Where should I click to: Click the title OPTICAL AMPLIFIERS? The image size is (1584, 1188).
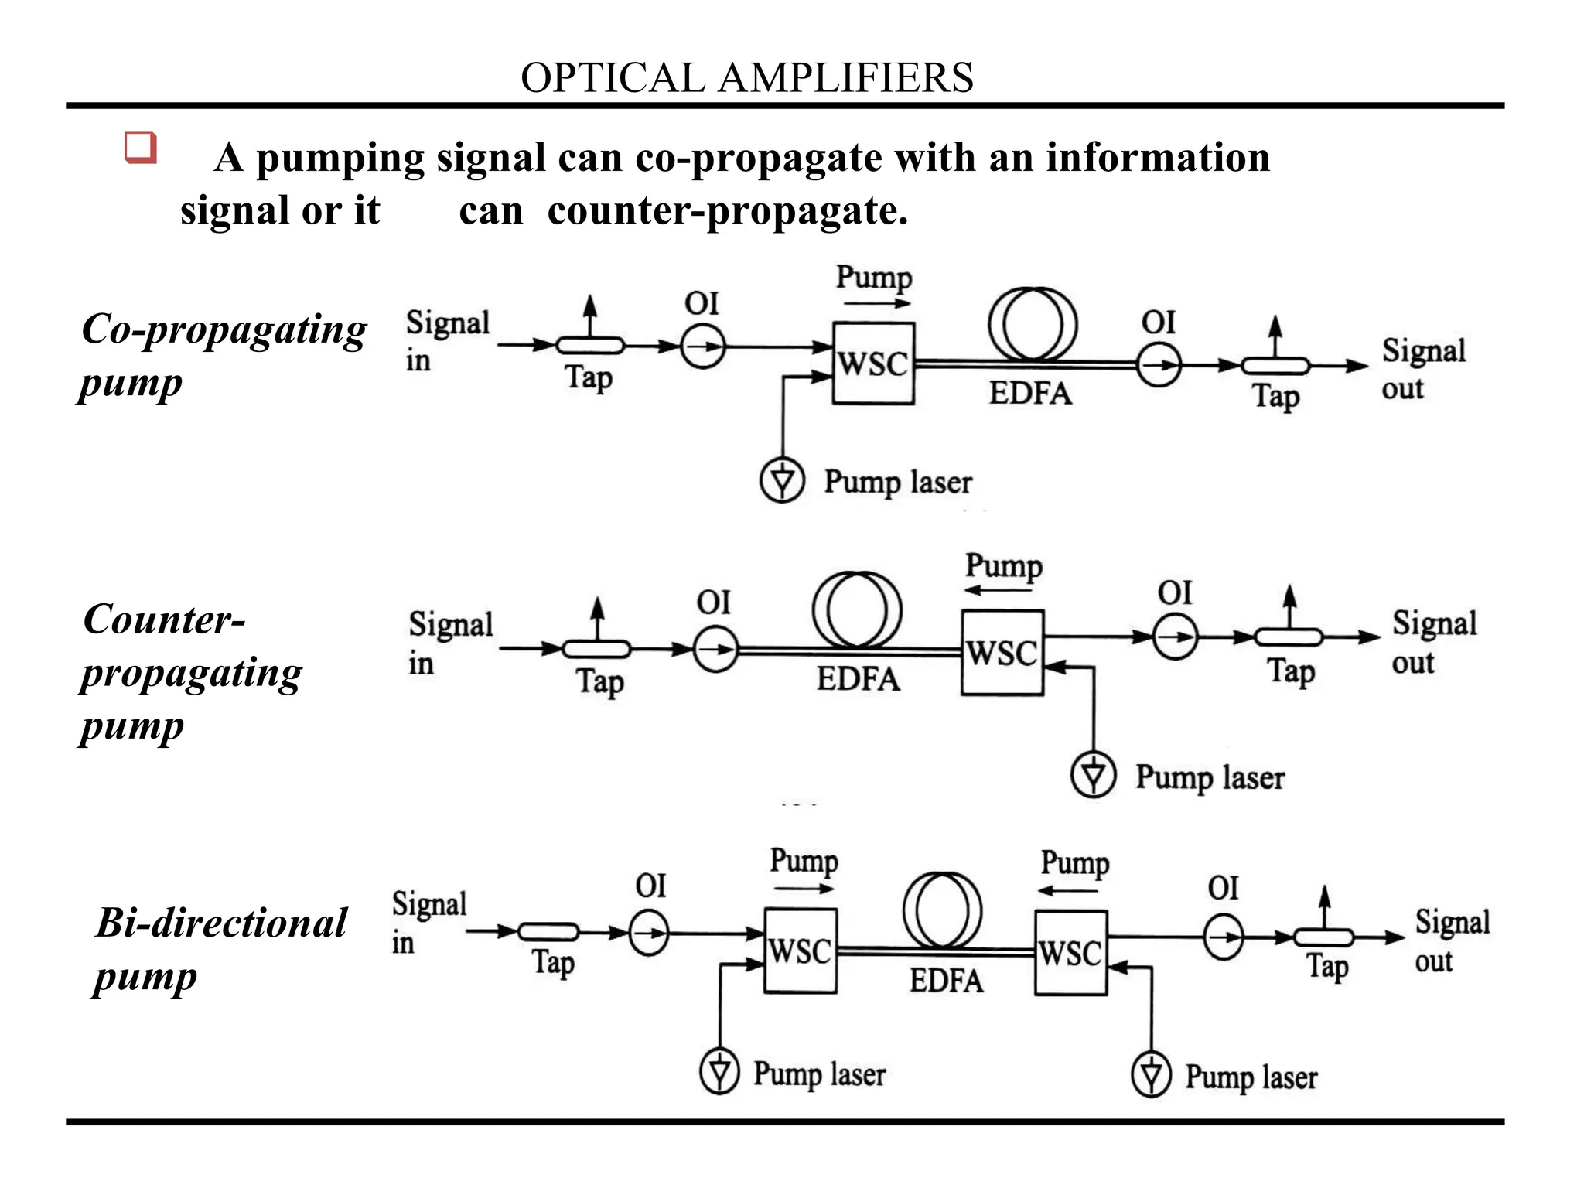(746, 78)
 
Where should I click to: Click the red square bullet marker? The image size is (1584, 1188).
(141, 147)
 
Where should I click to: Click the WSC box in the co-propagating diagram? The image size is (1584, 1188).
(873, 364)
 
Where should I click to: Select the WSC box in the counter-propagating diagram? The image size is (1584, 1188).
(1002, 653)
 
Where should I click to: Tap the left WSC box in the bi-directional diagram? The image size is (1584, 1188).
(801, 951)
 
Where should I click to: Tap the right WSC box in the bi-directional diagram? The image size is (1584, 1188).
(1071, 952)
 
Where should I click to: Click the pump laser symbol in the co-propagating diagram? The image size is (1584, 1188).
(783, 480)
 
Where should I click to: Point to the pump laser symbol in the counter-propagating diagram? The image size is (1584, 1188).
(1093, 775)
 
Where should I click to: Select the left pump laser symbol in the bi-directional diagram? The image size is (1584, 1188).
(720, 1071)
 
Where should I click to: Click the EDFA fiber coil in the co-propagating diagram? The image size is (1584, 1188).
(1033, 325)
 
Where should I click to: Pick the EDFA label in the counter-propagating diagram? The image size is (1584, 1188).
(858, 680)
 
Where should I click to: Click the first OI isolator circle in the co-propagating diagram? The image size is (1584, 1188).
(703, 346)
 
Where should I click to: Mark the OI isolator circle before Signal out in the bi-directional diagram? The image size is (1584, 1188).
(1224, 937)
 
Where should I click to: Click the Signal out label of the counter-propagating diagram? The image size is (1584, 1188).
(1433, 642)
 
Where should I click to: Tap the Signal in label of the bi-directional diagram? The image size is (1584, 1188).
(428, 922)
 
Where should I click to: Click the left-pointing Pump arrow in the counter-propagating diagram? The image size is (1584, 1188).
(999, 591)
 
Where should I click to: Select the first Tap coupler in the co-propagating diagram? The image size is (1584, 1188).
(590, 345)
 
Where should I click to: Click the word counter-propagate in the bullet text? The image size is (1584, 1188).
(727, 210)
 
